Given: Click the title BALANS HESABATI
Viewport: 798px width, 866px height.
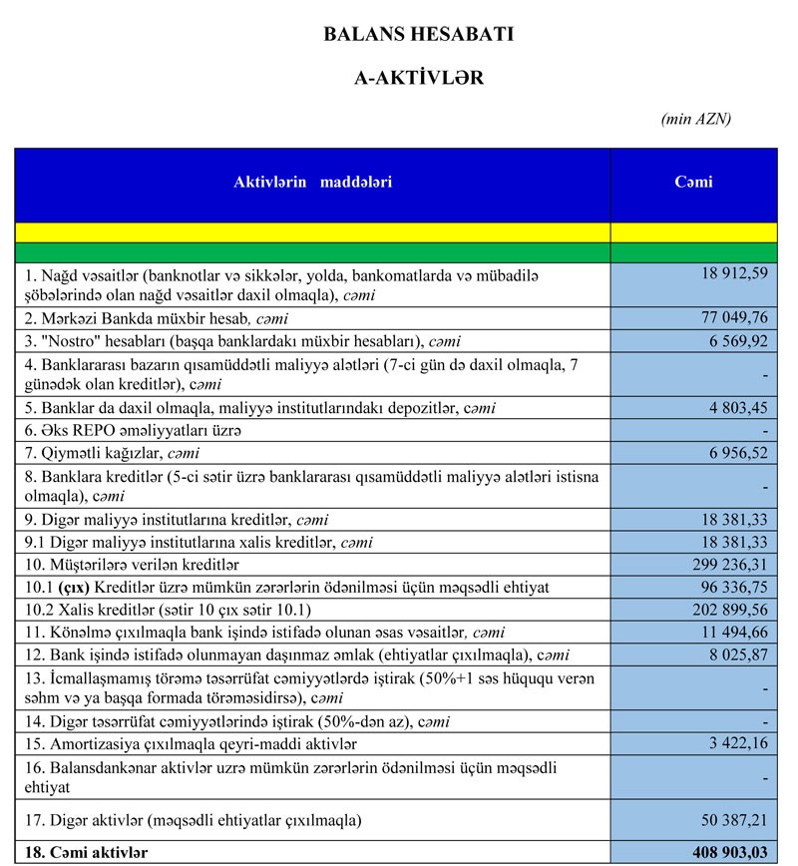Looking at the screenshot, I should point(419,34).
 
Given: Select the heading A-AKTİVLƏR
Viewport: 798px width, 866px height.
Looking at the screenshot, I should point(419,79).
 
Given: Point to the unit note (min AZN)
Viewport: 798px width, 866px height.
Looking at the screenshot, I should point(695,119).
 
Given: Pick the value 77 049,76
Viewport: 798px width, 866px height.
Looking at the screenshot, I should point(733,318).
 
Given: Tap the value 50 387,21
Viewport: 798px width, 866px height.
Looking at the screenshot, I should point(733,820).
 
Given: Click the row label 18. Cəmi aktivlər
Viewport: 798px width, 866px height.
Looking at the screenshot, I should point(84,853).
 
